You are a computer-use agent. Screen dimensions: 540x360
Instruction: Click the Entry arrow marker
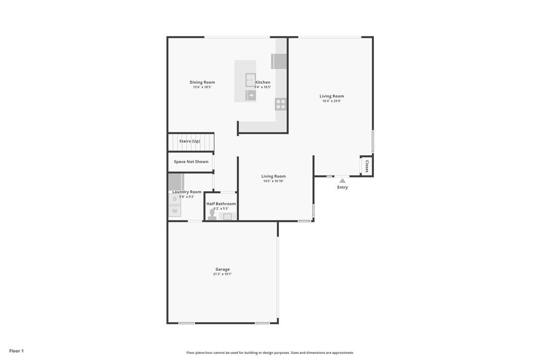[342, 180]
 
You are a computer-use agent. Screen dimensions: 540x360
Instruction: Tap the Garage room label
[222, 270]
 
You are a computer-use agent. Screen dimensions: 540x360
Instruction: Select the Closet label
[367, 167]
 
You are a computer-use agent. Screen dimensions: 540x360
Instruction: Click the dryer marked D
[175, 199]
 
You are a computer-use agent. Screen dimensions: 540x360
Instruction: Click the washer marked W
[175, 211]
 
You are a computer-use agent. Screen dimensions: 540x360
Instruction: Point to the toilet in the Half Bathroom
[212, 215]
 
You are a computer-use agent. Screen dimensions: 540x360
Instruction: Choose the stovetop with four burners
[280, 104]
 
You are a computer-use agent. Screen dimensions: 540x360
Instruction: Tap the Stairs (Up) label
[189, 141]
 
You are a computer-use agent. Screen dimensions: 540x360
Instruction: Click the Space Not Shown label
[191, 162]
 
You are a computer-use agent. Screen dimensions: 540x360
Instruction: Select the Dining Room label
[202, 83]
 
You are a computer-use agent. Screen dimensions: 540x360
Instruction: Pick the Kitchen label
[263, 83]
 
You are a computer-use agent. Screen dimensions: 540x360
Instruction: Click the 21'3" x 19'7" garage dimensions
[222, 274]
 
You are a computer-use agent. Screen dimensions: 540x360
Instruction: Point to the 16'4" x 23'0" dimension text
[332, 101]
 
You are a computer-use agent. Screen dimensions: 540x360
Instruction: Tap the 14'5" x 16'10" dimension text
[273, 181]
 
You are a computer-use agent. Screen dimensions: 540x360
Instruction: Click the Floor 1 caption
[16, 351]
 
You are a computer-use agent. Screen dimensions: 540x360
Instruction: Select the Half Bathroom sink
[228, 217]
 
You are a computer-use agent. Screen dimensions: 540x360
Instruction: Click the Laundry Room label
[187, 192]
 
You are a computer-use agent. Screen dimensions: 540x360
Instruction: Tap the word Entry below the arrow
[342, 187]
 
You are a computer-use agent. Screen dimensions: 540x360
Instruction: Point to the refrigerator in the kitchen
[279, 61]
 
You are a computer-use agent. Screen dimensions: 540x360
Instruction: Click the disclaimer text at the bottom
[270, 353]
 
